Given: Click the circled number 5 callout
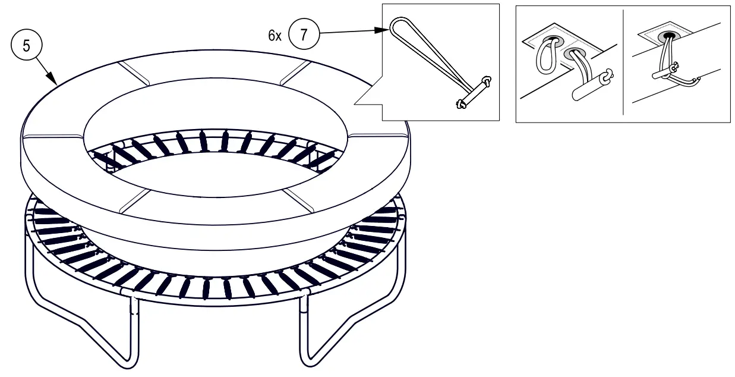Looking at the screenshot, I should (24, 46).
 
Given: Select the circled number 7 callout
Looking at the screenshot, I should (304, 34).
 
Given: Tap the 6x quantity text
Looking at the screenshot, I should (275, 35).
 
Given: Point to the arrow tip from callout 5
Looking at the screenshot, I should (56, 83).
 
